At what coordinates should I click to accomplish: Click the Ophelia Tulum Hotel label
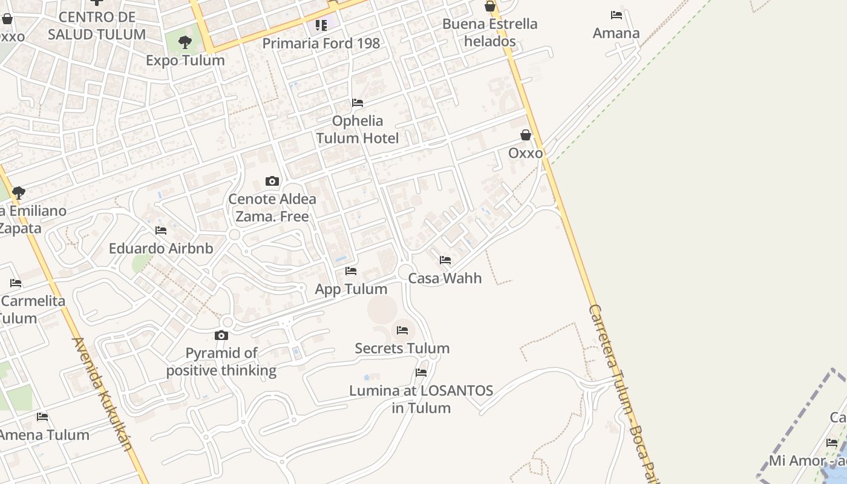point(357,129)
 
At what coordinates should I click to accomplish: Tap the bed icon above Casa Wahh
point(445,260)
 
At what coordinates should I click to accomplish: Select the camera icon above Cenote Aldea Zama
point(272,181)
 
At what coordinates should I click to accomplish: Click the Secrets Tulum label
point(402,348)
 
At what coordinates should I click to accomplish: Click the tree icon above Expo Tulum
point(185,42)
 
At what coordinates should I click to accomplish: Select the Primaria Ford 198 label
point(321,44)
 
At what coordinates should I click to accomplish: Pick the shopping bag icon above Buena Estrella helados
point(490,7)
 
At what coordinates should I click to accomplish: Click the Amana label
point(616,33)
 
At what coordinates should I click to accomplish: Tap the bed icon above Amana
point(616,15)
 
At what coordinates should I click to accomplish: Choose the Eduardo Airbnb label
point(161,248)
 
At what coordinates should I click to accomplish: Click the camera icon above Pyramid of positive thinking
point(221,335)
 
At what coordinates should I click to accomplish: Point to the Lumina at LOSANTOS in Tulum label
point(421,399)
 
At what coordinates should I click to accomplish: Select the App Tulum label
point(351,289)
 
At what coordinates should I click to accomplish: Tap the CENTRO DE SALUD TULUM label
point(97,25)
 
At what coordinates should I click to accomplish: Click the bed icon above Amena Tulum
point(42,416)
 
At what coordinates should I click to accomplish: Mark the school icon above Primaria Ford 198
point(321,25)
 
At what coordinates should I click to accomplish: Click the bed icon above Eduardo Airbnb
point(161,231)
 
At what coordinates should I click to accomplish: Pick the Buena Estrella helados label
point(489,33)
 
